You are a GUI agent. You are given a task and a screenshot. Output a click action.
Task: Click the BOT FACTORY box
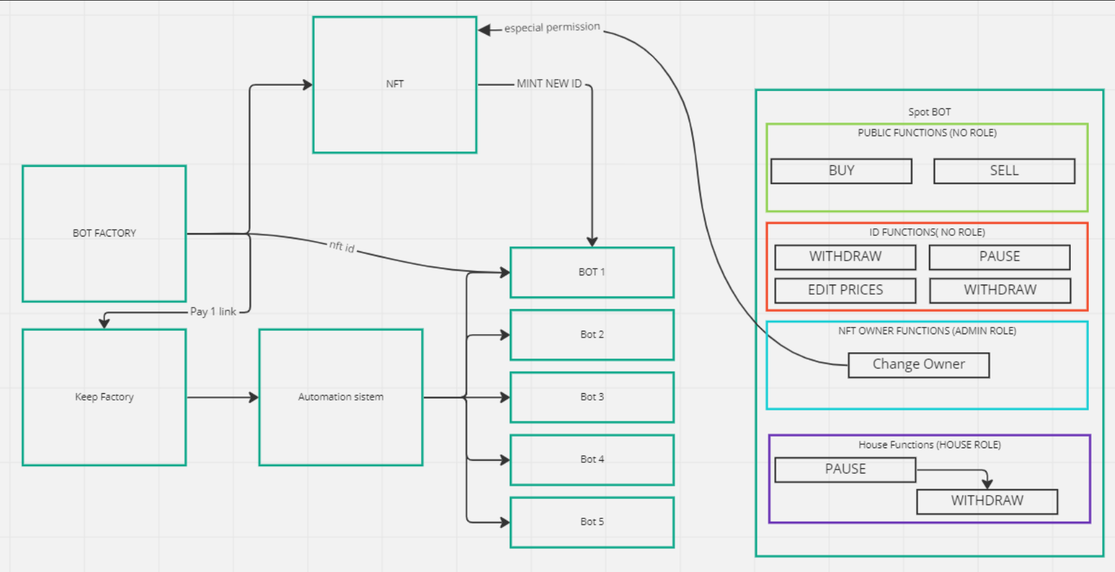pyautogui.click(x=104, y=234)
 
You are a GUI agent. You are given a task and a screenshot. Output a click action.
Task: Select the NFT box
pyautogui.click(x=395, y=84)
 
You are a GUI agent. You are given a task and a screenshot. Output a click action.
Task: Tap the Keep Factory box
pyautogui.click(x=104, y=397)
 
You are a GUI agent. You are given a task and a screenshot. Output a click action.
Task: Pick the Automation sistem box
pyautogui.click(x=341, y=397)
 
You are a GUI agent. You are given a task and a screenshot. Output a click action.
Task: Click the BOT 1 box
pyautogui.click(x=592, y=273)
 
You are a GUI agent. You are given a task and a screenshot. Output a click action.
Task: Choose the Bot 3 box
pyautogui.click(x=592, y=397)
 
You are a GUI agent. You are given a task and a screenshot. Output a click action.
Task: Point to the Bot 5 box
pyautogui.click(x=592, y=522)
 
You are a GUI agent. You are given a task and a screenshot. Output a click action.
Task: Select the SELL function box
pyautogui.click(x=1004, y=171)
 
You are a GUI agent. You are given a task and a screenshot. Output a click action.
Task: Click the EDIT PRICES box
pyautogui.click(x=845, y=290)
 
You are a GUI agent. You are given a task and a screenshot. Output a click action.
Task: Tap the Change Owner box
pyautogui.click(x=918, y=365)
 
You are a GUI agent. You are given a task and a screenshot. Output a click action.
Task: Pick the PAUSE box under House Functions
pyautogui.click(x=845, y=470)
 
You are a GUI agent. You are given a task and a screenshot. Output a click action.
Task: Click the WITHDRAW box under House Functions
pyautogui.click(x=987, y=501)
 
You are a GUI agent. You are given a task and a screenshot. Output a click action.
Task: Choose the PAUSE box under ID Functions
pyautogui.click(x=999, y=257)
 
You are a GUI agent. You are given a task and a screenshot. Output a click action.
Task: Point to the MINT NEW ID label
pyautogui.click(x=549, y=84)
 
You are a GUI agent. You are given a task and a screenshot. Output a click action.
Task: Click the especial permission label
pyautogui.click(x=552, y=27)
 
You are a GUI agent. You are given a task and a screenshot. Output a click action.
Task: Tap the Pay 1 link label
pyautogui.click(x=213, y=312)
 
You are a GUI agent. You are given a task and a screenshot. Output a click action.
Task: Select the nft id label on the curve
pyautogui.click(x=342, y=246)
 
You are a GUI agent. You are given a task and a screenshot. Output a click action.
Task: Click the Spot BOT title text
pyautogui.click(x=930, y=112)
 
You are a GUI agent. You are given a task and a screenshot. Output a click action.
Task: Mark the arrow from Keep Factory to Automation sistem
pyautogui.click(x=222, y=397)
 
